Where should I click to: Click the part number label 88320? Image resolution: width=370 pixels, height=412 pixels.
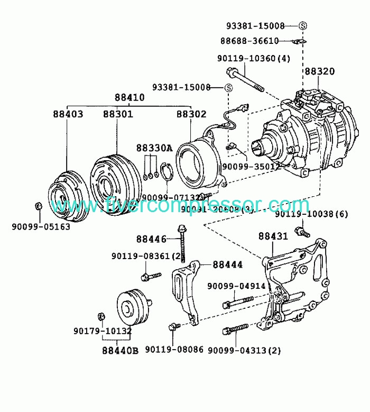tap(319, 71)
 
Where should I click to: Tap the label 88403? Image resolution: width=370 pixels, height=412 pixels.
tap(68, 114)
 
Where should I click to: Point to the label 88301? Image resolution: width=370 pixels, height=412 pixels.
tap(118, 114)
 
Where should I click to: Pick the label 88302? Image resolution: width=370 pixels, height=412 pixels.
tap(191, 114)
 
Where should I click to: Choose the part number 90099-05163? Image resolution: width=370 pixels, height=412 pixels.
tap(41, 227)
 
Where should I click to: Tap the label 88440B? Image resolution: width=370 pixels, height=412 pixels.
tap(120, 350)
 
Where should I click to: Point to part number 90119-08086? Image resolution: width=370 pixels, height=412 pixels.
tap(174, 350)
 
